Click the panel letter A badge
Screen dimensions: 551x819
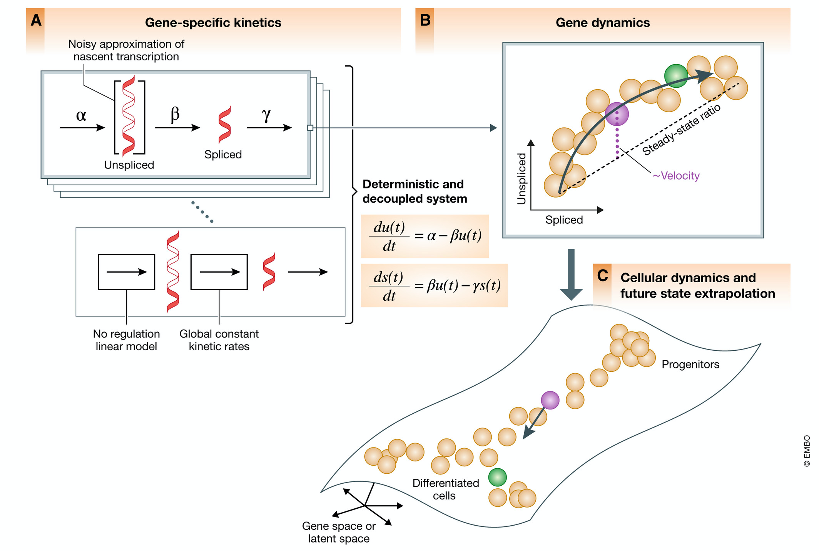coord(36,20)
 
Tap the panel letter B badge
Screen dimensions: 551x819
coord(425,20)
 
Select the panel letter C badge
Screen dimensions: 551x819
coord(602,276)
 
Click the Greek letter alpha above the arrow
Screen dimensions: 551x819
coord(81,115)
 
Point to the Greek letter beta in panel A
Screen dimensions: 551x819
coord(175,114)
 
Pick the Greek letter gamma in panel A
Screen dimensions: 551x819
coord(266,114)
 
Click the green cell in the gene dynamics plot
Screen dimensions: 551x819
coord(676,76)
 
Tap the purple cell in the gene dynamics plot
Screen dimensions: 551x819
coord(617,114)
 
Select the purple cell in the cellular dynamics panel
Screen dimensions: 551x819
coord(550,400)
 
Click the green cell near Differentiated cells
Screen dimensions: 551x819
coord(497,477)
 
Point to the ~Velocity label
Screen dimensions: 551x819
coord(676,176)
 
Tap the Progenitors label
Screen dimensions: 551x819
coord(690,364)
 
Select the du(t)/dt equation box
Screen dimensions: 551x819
coord(425,236)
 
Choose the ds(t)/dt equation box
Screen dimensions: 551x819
coord(434,285)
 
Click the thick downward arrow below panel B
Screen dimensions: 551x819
coord(571,275)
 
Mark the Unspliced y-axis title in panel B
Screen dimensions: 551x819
coord(521,179)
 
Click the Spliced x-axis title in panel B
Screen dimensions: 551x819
coord(564,220)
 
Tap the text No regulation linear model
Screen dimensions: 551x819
coord(126,340)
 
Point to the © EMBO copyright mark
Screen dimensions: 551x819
coord(807,451)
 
